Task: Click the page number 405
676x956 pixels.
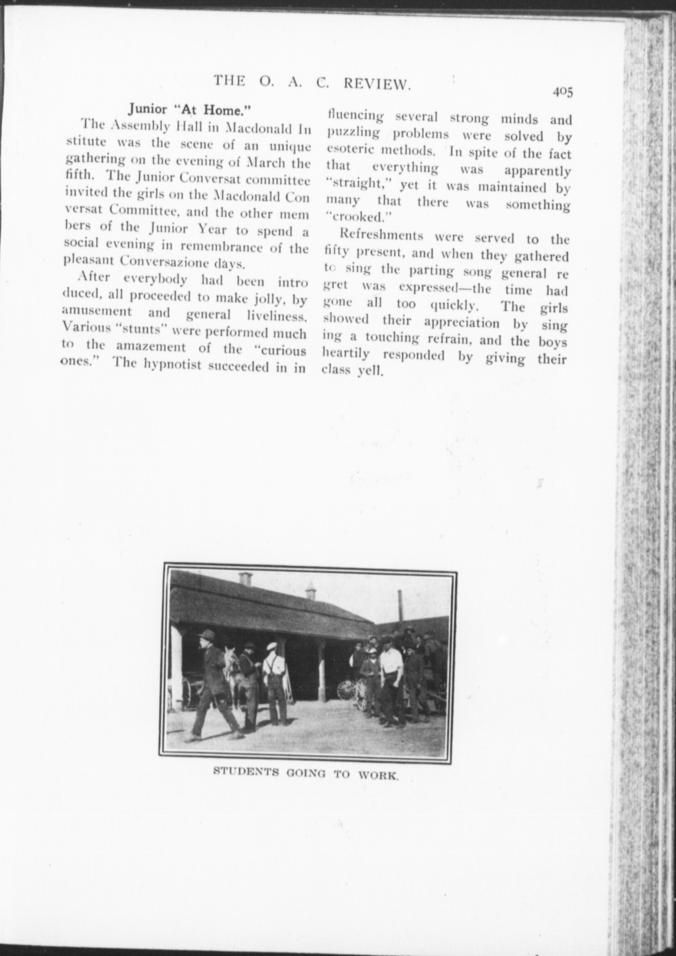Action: pyautogui.click(x=563, y=91)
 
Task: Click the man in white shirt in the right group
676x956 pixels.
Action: pyautogui.click(x=392, y=685)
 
